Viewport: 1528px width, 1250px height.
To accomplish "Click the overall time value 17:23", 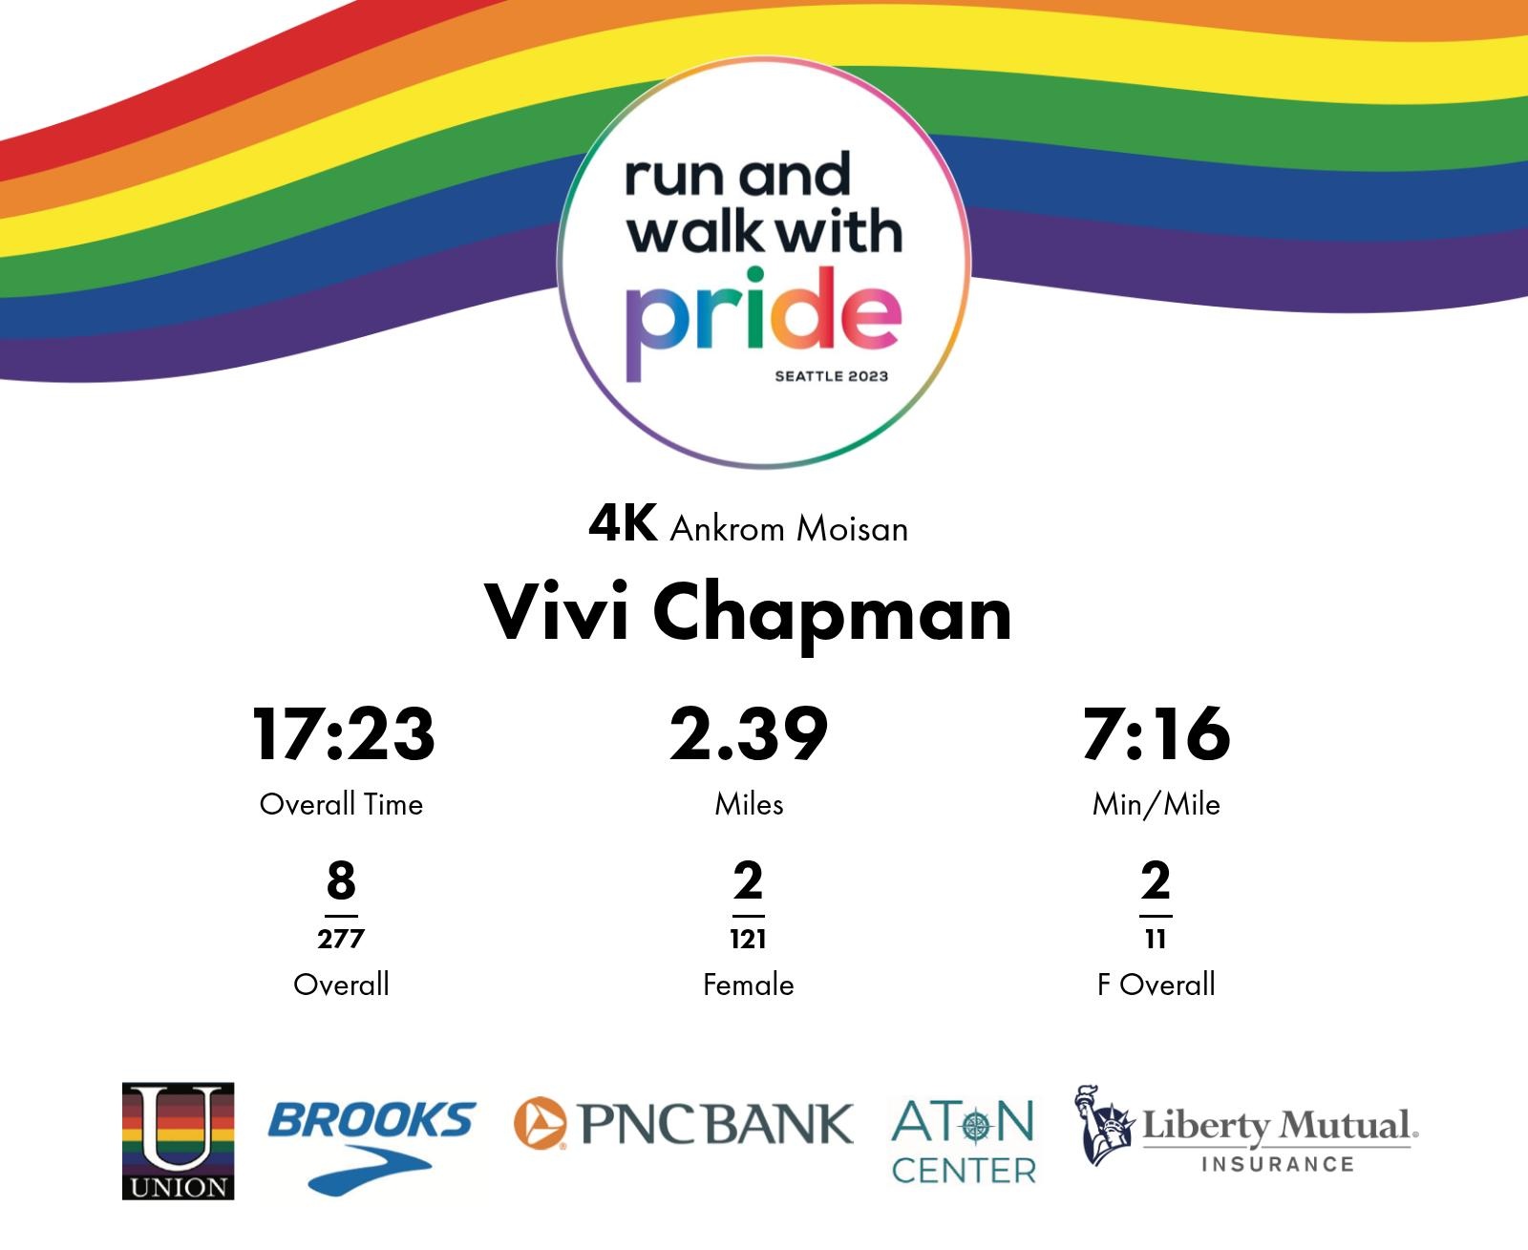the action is (x=343, y=733).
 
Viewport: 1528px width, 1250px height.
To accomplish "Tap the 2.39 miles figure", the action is (x=749, y=733).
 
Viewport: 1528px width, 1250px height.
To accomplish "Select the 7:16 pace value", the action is (x=1157, y=733).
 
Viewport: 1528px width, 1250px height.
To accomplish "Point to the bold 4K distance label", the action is (x=623, y=523).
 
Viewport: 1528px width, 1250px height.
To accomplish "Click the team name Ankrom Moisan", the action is (x=788, y=528).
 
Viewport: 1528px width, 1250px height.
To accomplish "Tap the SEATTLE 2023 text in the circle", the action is (x=831, y=376).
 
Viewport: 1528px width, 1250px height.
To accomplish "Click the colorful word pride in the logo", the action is (x=764, y=323).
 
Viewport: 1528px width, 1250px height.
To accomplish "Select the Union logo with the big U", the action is (x=178, y=1141).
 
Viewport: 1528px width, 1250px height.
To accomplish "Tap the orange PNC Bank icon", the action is (x=539, y=1123).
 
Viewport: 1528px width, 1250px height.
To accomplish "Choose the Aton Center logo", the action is (x=963, y=1141).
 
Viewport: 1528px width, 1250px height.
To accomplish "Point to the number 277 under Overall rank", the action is (x=341, y=939).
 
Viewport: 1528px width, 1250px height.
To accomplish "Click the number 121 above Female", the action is (x=748, y=939).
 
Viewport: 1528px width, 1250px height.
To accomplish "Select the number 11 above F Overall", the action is (x=1156, y=939).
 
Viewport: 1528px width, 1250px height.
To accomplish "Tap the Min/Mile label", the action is (x=1157, y=804).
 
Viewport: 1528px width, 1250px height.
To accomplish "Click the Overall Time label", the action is (x=341, y=804).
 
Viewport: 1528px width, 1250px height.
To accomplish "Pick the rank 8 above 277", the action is (x=341, y=879).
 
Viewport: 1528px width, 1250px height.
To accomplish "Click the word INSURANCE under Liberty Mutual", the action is (x=1278, y=1164).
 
